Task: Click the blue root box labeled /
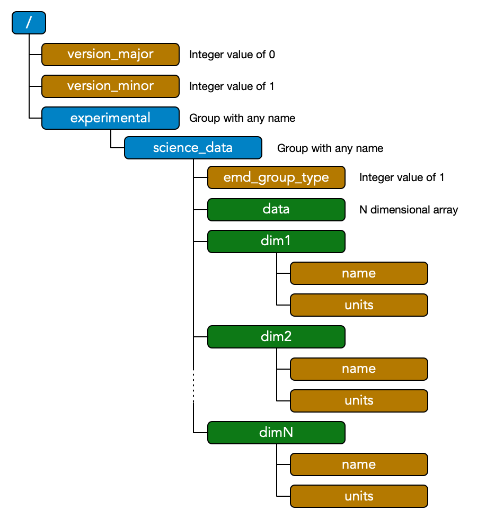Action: click(29, 23)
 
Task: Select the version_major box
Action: click(110, 55)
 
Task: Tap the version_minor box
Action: click(110, 86)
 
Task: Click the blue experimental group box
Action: click(110, 118)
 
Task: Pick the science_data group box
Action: click(193, 148)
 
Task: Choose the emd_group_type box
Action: click(276, 177)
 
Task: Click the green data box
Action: click(276, 209)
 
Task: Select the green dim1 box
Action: click(276, 241)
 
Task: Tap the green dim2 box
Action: click(276, 337)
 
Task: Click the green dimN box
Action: click(276, 432)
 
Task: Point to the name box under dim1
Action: click(359, 273)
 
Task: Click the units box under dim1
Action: click(359, 305)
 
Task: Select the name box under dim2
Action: click(359, 369)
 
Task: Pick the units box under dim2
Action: click(359, 400)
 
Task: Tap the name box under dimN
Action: click(359, 464)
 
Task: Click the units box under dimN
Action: click(359, 496)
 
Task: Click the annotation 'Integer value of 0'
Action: click(232, 55)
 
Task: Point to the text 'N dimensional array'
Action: click(408, 210)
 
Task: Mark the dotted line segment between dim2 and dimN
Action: click(193, 386)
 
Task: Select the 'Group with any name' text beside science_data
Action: click(330, 148)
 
